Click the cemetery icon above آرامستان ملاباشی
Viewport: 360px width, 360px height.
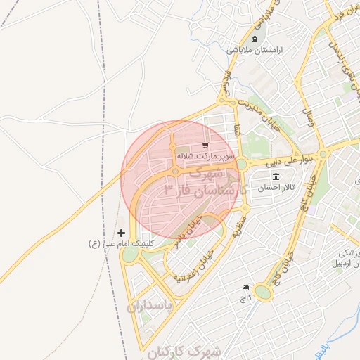click(x=255, y=38)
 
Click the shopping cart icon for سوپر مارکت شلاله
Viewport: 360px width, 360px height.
click(x=205, y=146)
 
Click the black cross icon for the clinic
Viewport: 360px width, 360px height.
click(x=121, y=233)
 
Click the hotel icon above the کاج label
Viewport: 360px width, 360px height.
click(x=245, y=288)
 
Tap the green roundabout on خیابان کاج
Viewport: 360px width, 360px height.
click(x=264, y=292)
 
